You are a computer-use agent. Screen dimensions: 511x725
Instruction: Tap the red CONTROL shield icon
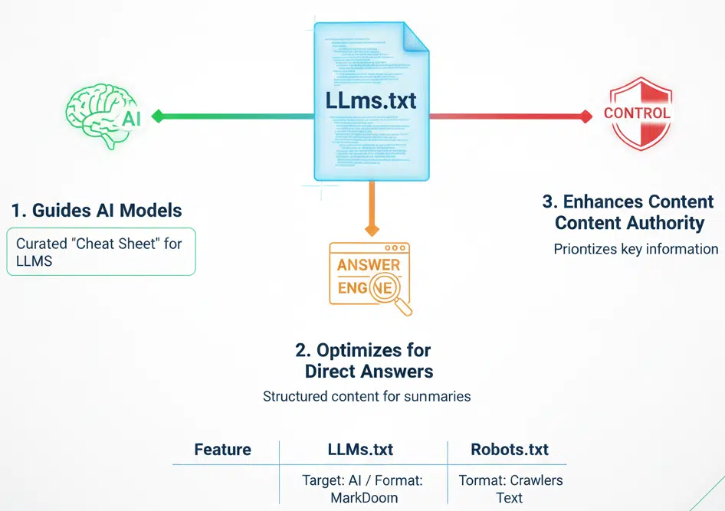pyautogui.click(x=637, y=114)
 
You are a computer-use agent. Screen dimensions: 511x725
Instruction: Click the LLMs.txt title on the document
pyautogui.click(x=370, y=101)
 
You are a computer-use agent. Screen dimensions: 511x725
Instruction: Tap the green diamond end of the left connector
pyautogui.click(x=158, y=116)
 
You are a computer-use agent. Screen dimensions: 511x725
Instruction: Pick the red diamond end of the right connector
pyautogui.click(x=586, y=116)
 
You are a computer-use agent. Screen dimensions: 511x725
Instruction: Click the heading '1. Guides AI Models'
pyautogui.click(x=97, y=211)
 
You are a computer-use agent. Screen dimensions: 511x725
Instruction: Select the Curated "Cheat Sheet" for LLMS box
pyautogui.click(x=102, y=251)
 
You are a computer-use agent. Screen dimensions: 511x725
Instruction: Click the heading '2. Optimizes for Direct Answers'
pyautogui.click(x=364, y=361)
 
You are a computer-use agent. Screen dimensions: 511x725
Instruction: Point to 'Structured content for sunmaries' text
pyautogui.click(x=366, y=397)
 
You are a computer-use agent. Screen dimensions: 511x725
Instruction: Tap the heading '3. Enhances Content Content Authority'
pyautogui.click(x=628, y=212)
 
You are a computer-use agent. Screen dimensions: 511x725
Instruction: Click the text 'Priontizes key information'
pyautogui.click(x=635, y=249)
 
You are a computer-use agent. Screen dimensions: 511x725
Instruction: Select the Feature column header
pyautogui.click(x=223, y=450)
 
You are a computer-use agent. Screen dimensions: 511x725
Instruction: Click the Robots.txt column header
pyautogui.click(x=510, y=450)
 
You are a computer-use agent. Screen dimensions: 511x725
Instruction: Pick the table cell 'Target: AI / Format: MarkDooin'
pyautogui.click(x=362, y=489)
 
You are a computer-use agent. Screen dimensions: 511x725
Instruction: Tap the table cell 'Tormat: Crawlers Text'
pyautogui.click(x=510, y=489)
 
